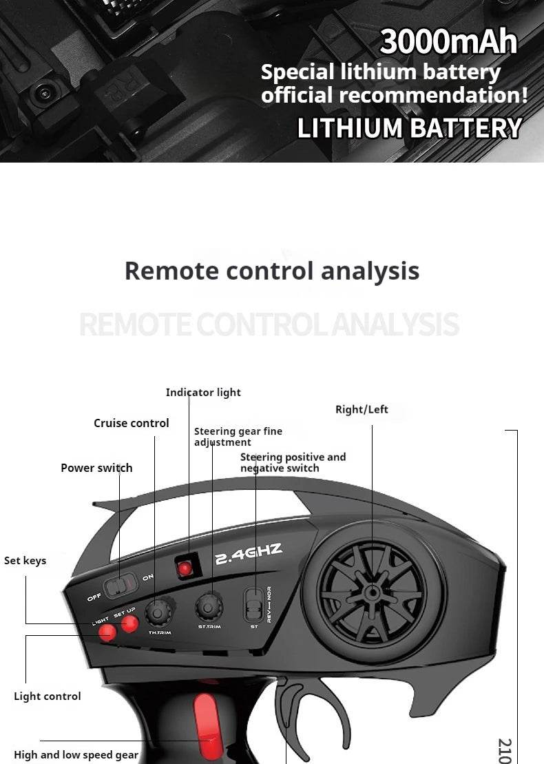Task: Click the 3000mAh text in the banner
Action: click(448, 42)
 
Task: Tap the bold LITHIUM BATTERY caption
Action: click(409, 129)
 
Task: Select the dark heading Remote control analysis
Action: click(272, 271)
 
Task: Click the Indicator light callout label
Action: click(203, 393)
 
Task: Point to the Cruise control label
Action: click(131, 423)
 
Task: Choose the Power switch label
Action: click(96, 468)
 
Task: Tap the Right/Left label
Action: click(362, 409)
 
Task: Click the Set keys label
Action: click(25, 560)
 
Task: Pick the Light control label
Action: click(47, 696)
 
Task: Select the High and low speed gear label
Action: click(76, 754)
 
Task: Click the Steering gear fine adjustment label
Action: click(238, 437)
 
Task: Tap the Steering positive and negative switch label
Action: click(293, 462)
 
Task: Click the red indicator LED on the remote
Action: click(185, 568)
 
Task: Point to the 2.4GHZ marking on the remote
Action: click(249, 554)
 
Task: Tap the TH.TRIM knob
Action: click(159, 611)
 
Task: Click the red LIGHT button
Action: click(106, 632)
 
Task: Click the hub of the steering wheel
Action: click(373, 592)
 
